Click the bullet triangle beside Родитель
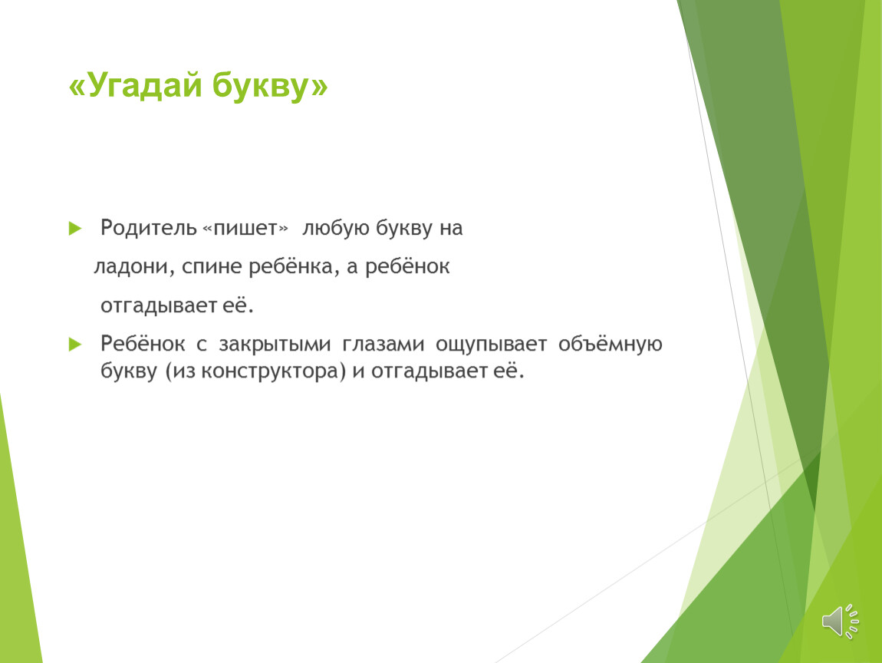click(75, 229)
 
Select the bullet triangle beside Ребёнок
click(75, 344)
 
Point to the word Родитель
click(149, 228)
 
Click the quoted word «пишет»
click(245, 229)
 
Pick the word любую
click(336, 228)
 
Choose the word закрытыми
click(275, 345)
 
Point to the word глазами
click(383, 344)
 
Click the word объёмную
click(610, 344)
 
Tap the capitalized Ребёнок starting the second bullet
click(143, 343)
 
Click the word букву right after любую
click(404, 228)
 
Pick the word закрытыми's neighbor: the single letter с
click(202, 345)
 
